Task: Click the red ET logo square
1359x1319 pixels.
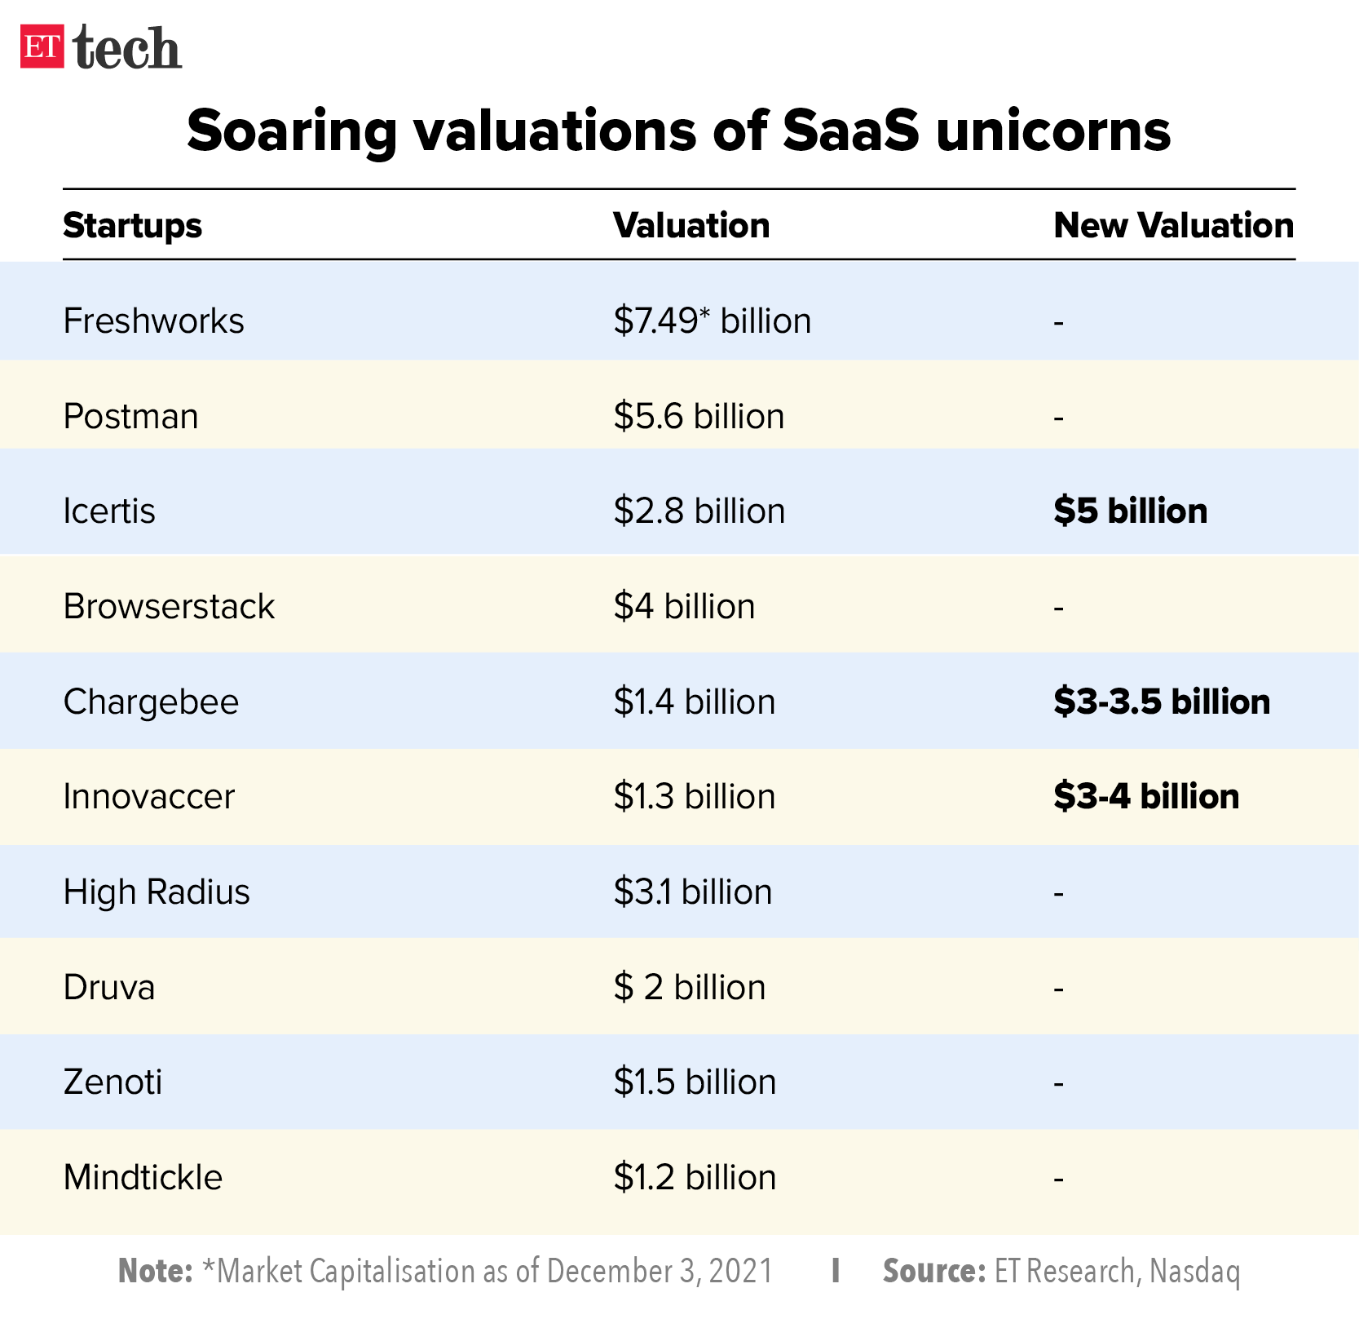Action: [x=42, y=46]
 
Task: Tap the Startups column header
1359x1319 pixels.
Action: [x=132, y=226]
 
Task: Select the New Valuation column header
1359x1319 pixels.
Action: [x=1173, y=226]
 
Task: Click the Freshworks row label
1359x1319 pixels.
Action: [x=153, y=321]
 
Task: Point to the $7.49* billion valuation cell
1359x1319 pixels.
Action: [x=712, y=321]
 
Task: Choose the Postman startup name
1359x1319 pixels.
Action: [x=130, y=417]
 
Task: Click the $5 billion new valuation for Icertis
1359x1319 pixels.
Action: [x=1130, y=511]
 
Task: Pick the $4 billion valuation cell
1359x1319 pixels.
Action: [x=684, y=607]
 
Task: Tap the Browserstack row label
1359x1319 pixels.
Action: [x=169, y=607]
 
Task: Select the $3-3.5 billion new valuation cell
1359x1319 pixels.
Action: [x=1161, y=702]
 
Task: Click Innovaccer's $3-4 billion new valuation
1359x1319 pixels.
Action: [x=1145, y=797]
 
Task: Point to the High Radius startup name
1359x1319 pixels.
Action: [x=157, y=892]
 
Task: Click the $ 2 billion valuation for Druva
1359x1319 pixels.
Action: [x=689, y=988]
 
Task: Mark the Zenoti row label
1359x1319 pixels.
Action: [x=113, y=1082]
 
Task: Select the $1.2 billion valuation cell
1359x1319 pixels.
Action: [x=695, y=1178]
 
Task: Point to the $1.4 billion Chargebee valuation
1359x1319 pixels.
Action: [x=694, y=702]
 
